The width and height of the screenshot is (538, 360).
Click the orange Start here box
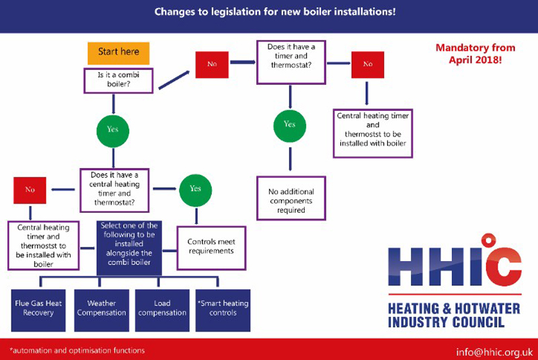coord(118,53)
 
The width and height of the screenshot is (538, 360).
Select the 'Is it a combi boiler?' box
coord(118,81)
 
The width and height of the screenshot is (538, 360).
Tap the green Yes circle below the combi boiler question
coord(113,131)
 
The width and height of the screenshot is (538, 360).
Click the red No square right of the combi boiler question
coord(212,65)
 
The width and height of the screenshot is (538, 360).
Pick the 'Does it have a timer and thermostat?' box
coord(291,62)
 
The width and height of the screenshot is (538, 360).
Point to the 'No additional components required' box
coord(291,199)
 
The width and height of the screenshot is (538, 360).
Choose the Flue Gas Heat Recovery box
coord(38,310)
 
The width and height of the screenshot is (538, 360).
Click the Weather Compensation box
coord(102,310)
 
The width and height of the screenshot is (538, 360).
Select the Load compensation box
coord(162,310)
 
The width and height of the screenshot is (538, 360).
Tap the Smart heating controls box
coord(223,310)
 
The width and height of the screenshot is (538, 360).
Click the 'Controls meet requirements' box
coord(211,248)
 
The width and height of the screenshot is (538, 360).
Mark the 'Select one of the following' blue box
coord(129,248)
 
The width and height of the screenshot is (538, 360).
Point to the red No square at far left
coord(30,190)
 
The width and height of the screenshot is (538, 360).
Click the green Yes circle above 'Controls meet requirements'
coord(196,190)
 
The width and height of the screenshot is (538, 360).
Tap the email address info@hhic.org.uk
coord(494,352)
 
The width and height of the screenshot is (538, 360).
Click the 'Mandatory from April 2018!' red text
coord(475,54)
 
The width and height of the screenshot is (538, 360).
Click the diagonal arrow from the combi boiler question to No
coord(174,80)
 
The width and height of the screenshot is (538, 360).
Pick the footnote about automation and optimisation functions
coord(77,351)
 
